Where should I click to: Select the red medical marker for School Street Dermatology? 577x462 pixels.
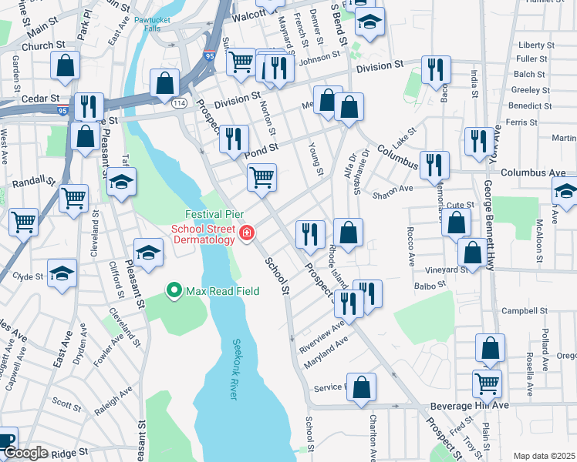tap(246, 233)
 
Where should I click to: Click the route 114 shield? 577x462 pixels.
tap(180, 102)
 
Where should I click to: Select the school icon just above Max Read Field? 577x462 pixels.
tap(148, 251)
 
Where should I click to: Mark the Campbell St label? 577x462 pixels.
tap(525, 312)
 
